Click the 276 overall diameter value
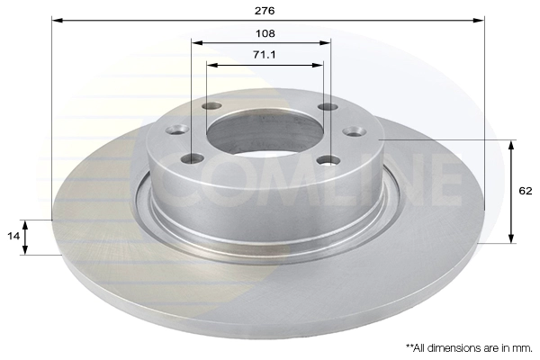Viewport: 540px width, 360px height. pyautogui.click(x=265, y=10)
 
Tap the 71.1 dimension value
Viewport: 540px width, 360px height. pyautogui.click(x=265, y=55)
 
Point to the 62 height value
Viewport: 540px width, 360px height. pyautogui.click(x=526, y=191)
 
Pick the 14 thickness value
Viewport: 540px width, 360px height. pyautogui.click(x=12, y=235)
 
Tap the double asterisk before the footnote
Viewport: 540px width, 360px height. pyautogui.click(x=409, y=346)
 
